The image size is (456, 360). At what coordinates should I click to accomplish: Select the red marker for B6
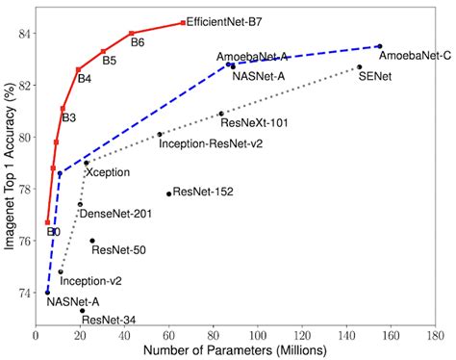[x=132, y=34]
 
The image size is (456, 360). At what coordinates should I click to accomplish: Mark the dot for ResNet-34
[x=83, y=311]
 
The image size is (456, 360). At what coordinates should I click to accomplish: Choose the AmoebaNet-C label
[x=414, y=57]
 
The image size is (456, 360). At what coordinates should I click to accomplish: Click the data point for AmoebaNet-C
[x=380, y=46]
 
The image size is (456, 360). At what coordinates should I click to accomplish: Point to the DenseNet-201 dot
[x=80, y=204]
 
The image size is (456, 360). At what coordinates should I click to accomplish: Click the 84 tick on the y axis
[x=22, y=34]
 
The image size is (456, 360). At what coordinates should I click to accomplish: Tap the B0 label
[x=53, y=232]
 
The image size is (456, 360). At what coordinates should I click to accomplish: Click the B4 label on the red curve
[x=85, y=79]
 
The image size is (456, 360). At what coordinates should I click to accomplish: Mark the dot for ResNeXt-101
[x=220, y=114]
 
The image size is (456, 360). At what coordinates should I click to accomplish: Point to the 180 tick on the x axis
[x=435, y=334]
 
